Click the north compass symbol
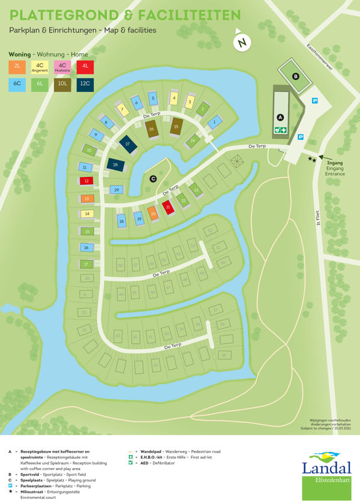[241, 43]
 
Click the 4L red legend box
[85, 66]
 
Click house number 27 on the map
[127, 144]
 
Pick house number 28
[115, 164]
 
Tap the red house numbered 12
[86, 181]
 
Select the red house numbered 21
[169, 208]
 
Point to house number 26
[152, 129]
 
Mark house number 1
[214, 123]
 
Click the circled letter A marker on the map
[280, 116]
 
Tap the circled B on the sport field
[295, 76]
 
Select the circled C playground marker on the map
[152, 178]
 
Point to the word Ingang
[334, 161]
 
